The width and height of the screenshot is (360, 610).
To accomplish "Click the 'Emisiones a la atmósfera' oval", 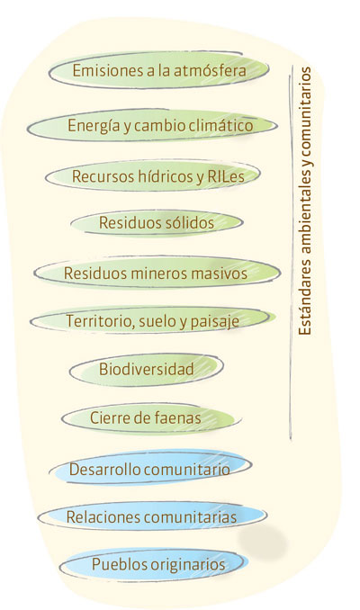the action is point(158,70).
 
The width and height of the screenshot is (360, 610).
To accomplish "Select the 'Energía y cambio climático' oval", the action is point(152,125).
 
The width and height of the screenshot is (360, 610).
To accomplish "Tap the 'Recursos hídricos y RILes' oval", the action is point(153,175).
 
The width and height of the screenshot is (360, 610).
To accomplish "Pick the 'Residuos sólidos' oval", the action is point(157,222).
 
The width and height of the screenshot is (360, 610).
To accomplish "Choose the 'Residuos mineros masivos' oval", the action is point(157,273).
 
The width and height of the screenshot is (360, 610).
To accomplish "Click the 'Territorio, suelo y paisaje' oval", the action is point(153,320).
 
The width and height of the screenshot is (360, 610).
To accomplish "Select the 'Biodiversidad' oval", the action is point(147,369).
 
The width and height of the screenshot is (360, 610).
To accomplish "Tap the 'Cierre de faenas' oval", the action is point(151,417).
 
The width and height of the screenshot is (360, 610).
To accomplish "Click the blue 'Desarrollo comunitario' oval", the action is point(150,469).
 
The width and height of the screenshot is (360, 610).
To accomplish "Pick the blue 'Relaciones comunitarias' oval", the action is point(152,516).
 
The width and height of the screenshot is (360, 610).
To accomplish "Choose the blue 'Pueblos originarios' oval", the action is point(154,564).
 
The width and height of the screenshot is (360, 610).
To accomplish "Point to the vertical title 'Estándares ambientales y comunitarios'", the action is point(305,201).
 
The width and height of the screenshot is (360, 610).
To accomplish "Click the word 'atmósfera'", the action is point(210,70).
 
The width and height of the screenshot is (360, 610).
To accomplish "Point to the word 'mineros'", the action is point(158,273).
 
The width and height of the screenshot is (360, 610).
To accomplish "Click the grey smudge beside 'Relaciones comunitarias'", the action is point(262,541).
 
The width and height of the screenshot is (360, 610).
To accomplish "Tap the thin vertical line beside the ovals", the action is point(291,252).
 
